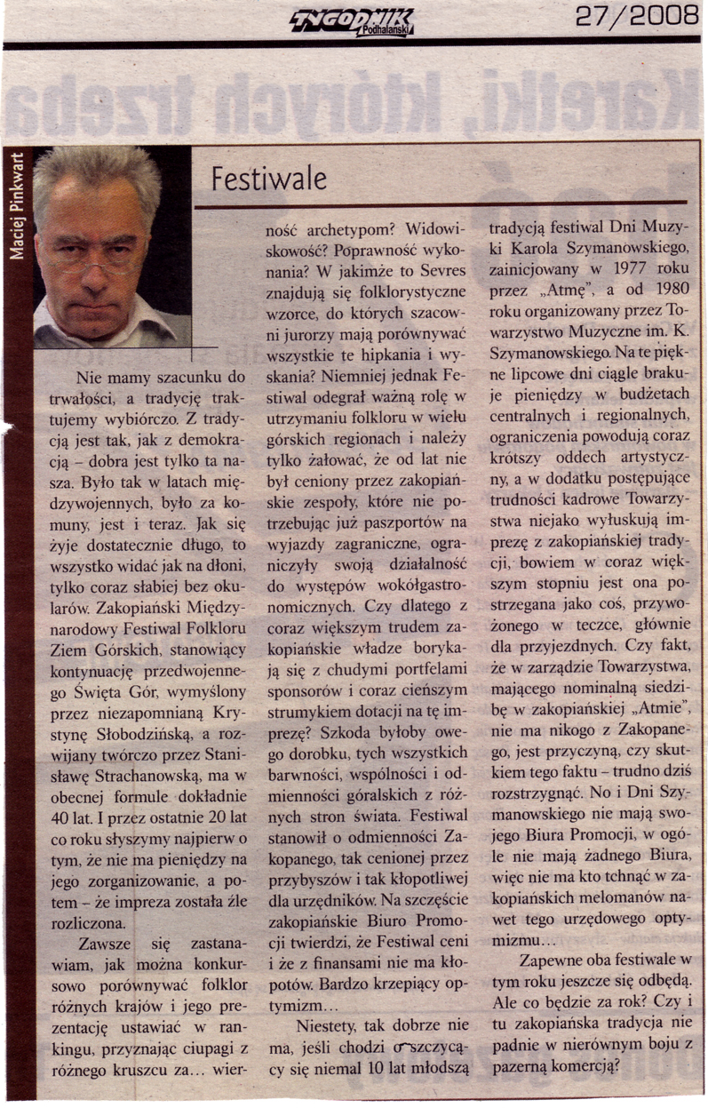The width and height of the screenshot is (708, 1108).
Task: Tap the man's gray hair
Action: click(x=98, y=173)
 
